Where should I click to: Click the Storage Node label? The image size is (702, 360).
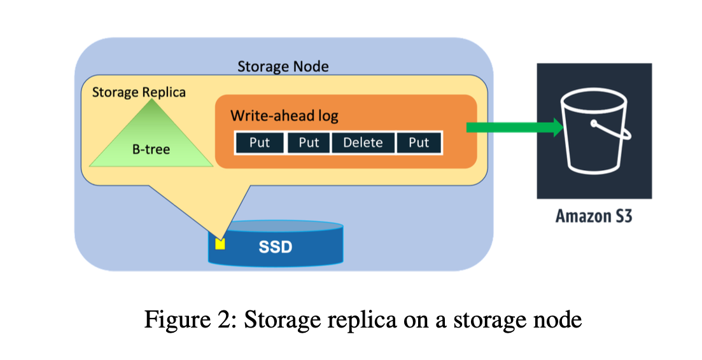tap(283, 66)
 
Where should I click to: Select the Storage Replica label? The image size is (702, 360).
tap(139, 92)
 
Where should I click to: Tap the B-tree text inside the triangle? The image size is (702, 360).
tap(151, 150)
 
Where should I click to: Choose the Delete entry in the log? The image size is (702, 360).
tap(363, 142)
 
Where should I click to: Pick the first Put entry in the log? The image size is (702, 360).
tap(260, 142)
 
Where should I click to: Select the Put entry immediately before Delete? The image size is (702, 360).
tap(309, 142)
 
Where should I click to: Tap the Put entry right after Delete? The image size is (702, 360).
tap(418, 142)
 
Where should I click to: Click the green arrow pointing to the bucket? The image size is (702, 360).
tap(515, 128)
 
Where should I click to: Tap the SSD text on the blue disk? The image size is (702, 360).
tap(275, 246)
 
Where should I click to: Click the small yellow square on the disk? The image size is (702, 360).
tap(220, 243)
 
